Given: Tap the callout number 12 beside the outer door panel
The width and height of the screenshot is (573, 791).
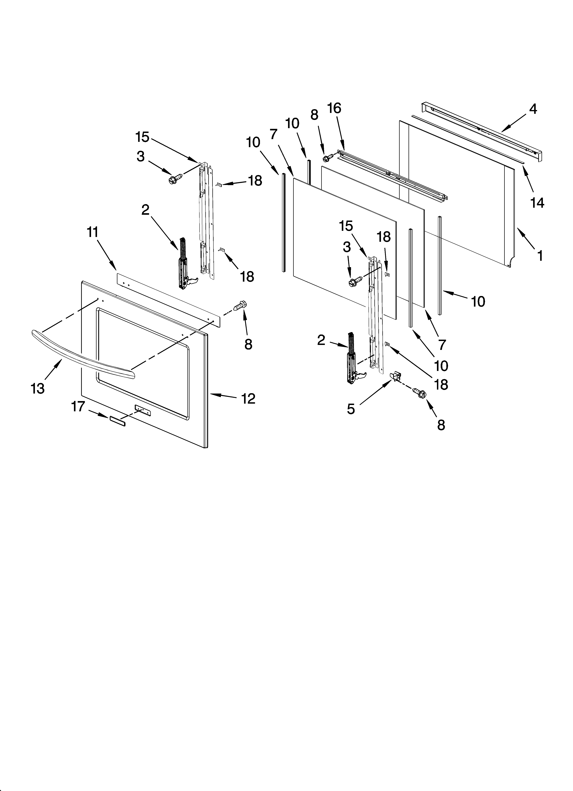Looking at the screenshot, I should point(248,398).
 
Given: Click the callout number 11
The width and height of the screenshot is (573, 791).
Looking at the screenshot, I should point(92,232).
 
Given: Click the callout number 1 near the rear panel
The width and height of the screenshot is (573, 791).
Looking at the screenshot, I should point(540,256).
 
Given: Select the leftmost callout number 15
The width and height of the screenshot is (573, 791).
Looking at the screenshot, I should point(142,137).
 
